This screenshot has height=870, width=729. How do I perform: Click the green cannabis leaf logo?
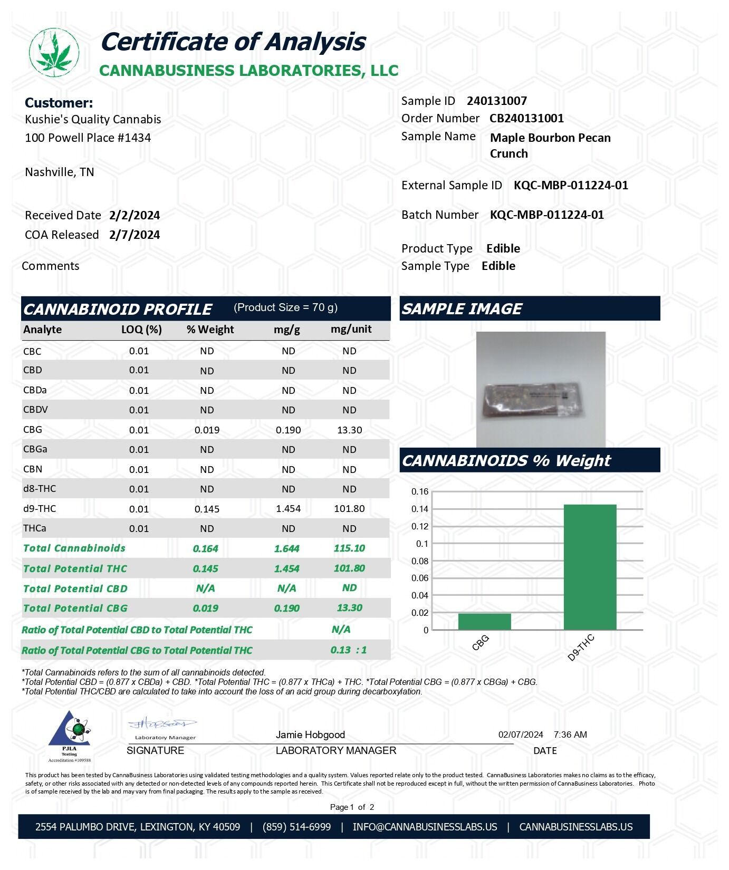pyautogui.click(x=54, y=52)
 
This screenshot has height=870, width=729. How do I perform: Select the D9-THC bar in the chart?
pyautogui.click(x=590, y=567)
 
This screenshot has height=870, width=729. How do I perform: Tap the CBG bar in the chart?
pyautogui.click(x=484, y=621)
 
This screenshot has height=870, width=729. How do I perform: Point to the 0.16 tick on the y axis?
pyautogui.click(x=420, y=491)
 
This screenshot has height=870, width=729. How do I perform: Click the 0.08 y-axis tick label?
pyautogui.click(x=420, y=561)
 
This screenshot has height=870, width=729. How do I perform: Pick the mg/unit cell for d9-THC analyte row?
pyautogui.click(x=349, y=509)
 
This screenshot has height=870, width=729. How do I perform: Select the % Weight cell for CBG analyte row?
pyautogui.click(x=207, y=430)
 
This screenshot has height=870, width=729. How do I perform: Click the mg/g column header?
pyautogui.click(x=287, y=330)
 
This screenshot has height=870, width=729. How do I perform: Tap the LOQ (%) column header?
pyautogui.click(x=141, y=330)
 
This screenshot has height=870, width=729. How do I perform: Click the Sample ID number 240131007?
pyautogui.click(x=496, y=101)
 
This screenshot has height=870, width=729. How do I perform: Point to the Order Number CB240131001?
pyautogui.click(x=526, y=118)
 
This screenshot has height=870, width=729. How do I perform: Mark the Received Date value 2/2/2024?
pyautogui.click(x=135, y=215)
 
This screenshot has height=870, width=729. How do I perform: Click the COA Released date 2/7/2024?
pyautogui.click(x=135, y=235)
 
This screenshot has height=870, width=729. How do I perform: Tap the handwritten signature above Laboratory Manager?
pyautogui.click(x=161, y=723)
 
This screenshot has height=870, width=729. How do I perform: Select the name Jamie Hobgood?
pyautogui.click(x=310, y=734)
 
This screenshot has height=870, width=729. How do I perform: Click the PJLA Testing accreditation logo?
pyautogui.click(x=70, y=736)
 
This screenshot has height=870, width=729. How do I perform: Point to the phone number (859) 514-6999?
pyautogui.click(x=296, y=827)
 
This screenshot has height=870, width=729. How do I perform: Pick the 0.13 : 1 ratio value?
pyautogui.click(x=348, y=650)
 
